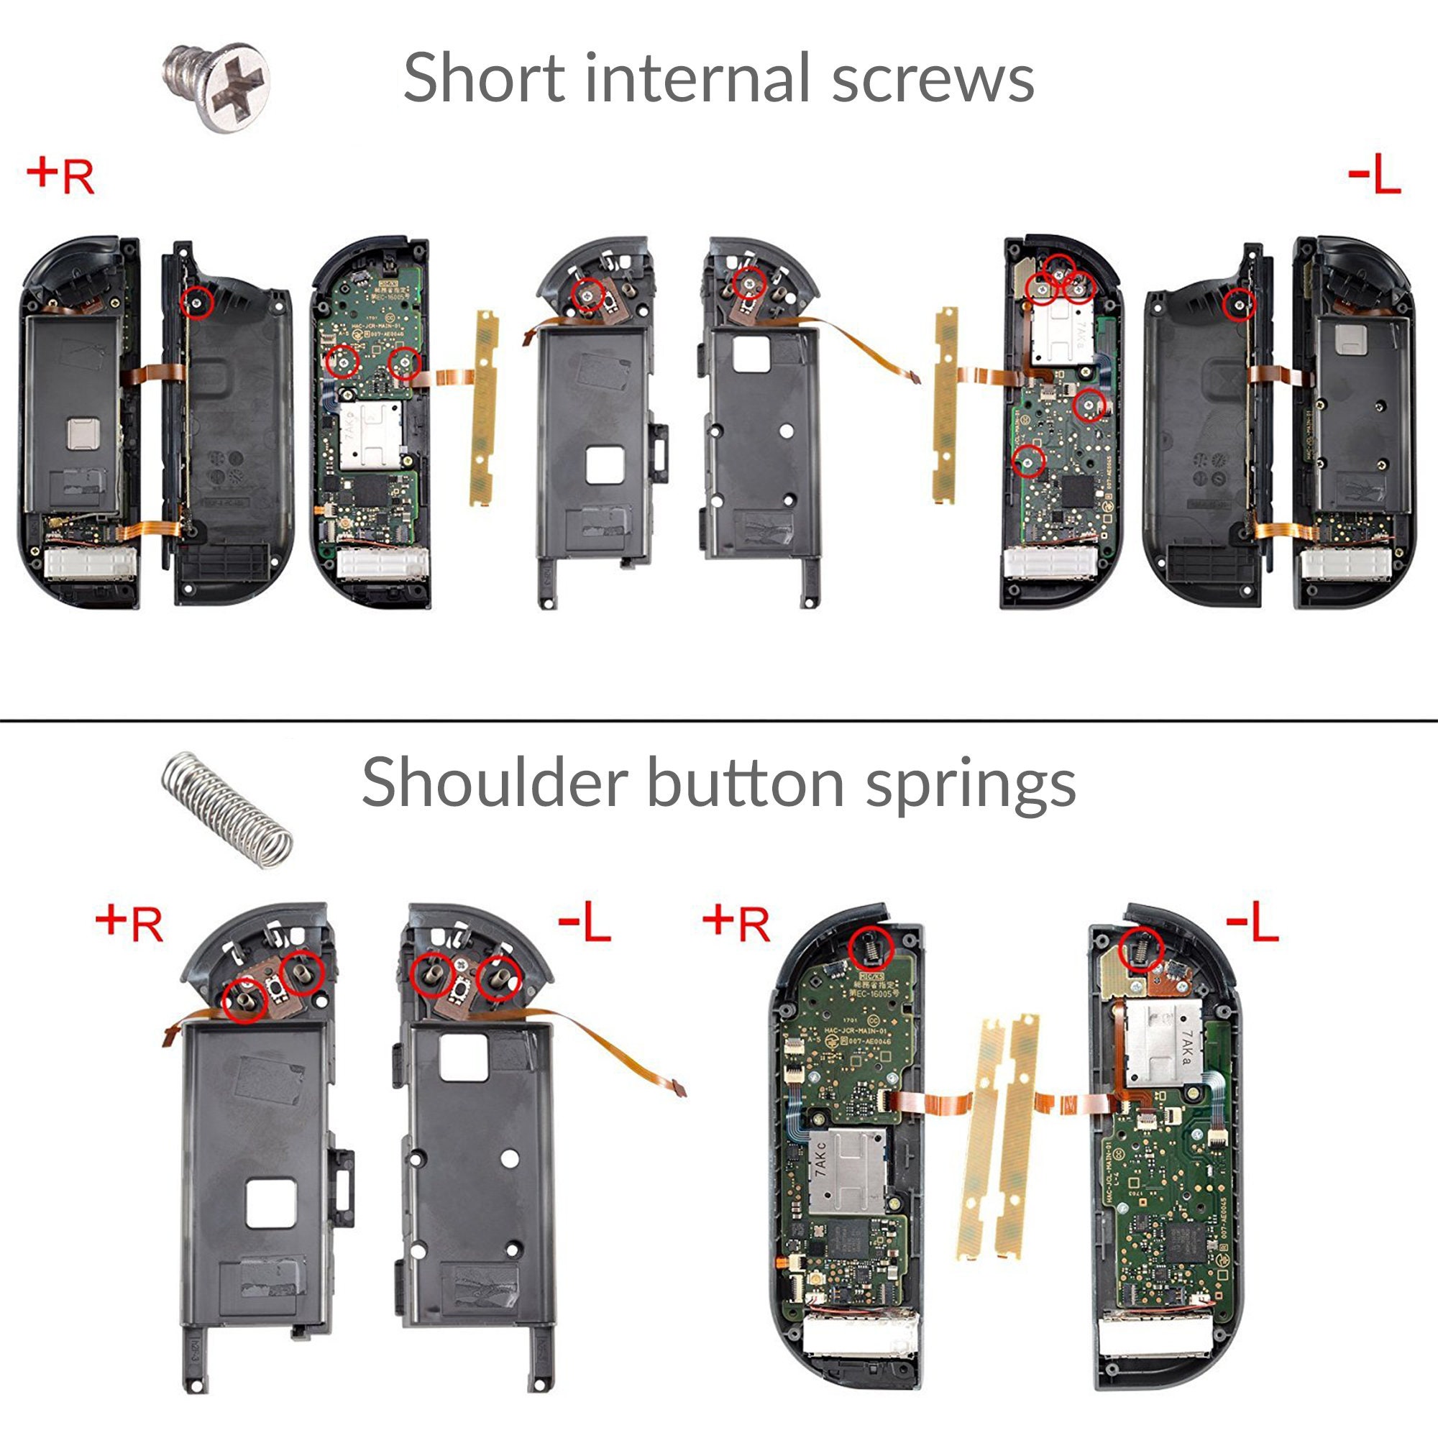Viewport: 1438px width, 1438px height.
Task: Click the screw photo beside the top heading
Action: click(x=216, y=88)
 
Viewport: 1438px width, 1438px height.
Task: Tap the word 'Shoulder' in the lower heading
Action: click(x=494, y=782)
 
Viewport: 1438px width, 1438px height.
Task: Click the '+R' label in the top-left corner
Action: click(x=61, y=176)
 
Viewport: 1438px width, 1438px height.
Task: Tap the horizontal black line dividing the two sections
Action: click(x=719, y=720)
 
